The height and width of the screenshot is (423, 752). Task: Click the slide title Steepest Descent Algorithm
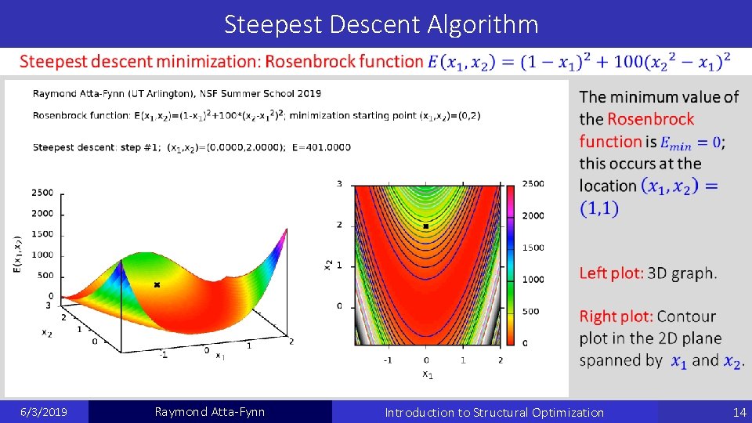381,24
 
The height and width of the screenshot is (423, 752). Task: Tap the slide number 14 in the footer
739,412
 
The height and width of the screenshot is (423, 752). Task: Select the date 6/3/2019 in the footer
44,412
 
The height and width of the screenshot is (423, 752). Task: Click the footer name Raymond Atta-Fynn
210,412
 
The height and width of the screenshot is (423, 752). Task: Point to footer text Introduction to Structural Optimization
494,412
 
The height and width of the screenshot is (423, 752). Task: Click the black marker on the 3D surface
157,285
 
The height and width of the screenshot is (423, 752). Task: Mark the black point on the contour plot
425,226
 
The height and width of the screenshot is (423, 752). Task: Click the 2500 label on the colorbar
533,183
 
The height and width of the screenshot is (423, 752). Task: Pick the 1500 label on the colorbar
533,248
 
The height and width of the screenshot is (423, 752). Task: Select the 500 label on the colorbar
530,311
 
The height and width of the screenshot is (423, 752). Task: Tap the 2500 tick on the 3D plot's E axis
42,193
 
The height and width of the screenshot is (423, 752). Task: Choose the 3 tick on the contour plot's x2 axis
339,184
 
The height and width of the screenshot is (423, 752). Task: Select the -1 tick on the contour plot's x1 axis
387,360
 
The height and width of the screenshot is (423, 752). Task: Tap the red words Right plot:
616,316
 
